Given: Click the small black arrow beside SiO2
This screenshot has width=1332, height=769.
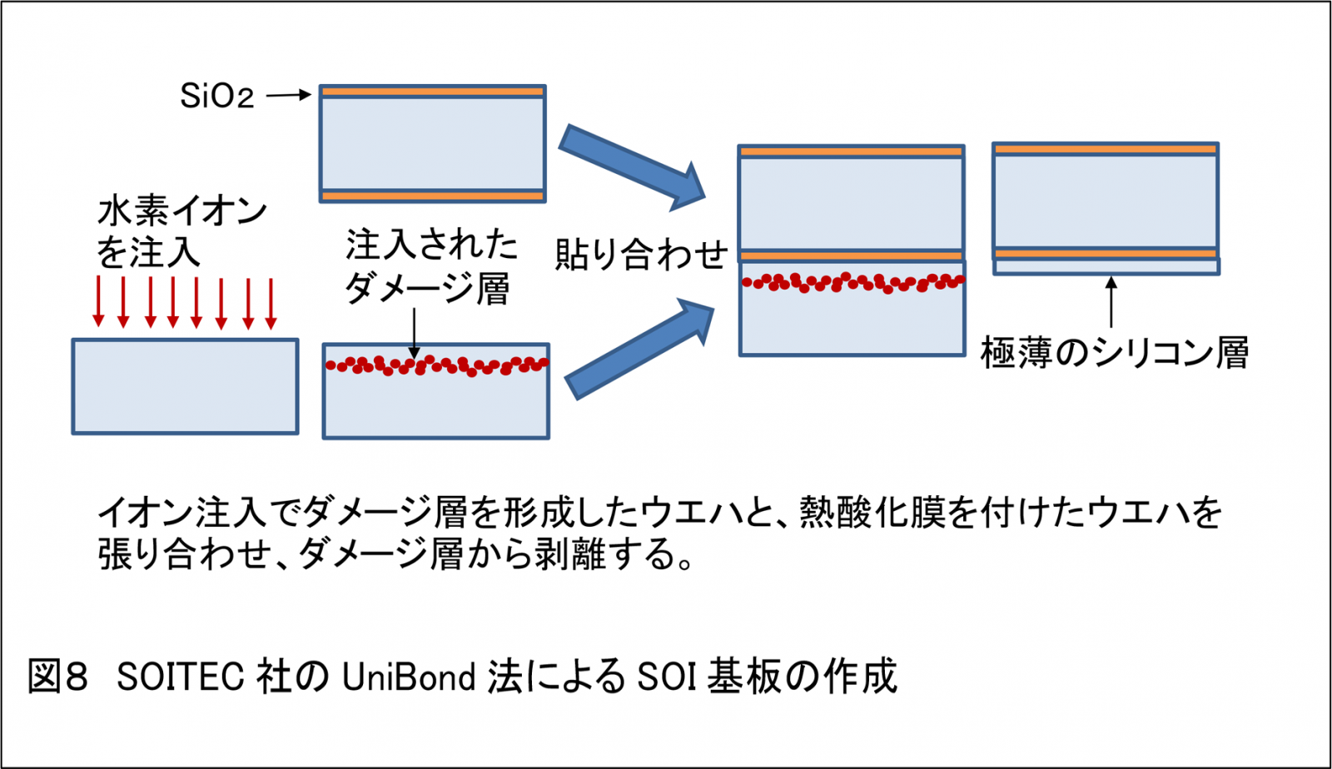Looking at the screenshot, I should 288,96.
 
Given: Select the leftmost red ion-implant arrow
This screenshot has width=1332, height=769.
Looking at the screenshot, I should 98,302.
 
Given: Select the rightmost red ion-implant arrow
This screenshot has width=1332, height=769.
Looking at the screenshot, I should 271,302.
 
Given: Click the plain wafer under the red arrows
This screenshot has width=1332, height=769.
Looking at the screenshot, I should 185,386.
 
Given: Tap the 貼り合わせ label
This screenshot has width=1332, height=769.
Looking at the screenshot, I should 641,254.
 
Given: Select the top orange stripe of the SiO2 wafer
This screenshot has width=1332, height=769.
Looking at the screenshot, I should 433,92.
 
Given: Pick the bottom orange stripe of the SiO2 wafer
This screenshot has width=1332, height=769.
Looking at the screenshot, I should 433,196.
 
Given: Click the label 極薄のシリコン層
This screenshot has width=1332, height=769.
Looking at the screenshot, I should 1115,353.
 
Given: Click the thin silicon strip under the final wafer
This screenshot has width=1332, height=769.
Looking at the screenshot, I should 1106,266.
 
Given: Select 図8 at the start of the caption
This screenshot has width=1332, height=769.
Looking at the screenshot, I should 58,677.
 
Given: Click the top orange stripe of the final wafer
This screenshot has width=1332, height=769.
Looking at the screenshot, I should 1106,149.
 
